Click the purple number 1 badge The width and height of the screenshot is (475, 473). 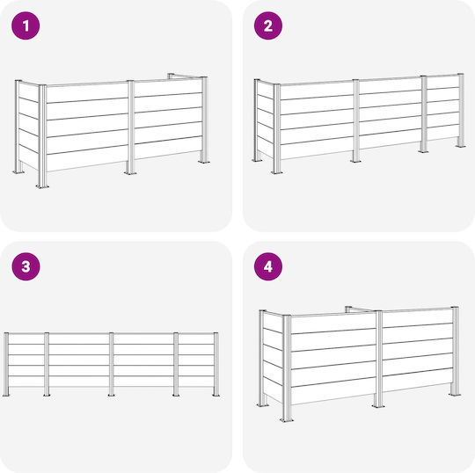pyautogui.click(x=26, y=25)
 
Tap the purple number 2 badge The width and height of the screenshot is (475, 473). pyautogui.click(x=268, y=25)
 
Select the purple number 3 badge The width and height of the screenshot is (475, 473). pyautogui.click(x=26, y=266)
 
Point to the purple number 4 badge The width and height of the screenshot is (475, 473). pyautogui.click(x=268, y=266)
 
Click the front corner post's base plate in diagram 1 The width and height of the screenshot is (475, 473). pyautogui.click(x=43, y=186)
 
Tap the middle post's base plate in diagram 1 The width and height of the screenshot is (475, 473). pyautogui.click(x=130, y=172)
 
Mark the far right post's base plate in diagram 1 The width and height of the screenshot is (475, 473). pyautogui.click(x=204, y=162)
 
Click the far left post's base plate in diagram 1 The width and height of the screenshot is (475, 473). pyautogui.click(x=18, y=172)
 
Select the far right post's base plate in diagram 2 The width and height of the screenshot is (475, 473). pyautogui.click(x=461, y=146)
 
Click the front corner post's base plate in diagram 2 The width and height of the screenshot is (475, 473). pyautogui.click(x=277, y=172)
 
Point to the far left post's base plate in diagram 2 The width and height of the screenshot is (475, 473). pyautogui.click(x=258, y=160)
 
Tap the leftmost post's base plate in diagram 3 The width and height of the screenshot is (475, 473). pyautogui.click(x=6, y=395)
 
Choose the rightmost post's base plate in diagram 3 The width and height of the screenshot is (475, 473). pyautogui.click(x=216, y=395)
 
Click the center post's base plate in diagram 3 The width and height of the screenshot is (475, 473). pyautogui.click(x=111, y=395)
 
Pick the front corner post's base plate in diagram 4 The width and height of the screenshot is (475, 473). pyautogui.click(x=287, y=420)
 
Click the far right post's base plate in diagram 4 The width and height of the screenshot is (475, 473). pyautogui.click(x=455, y=395)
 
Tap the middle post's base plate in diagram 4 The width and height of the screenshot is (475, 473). pyautogui.click(x=378, y=406)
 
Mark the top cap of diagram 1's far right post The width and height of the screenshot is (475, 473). pyautogui.click(x=204, y=77)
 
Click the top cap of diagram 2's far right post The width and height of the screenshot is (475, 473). pyautogui.click(x=461, y=75)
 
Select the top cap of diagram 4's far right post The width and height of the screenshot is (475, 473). pyautogui.click(x=455, y=308)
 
